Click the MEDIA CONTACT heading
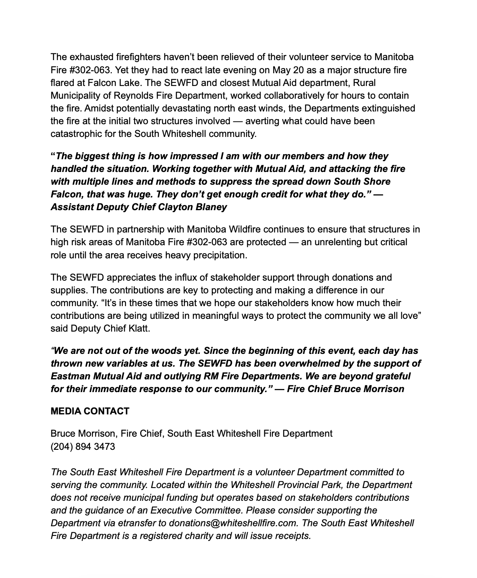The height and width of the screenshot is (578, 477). coord(90,411)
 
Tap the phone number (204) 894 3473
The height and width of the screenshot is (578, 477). coord(83,447)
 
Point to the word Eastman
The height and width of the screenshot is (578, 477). coord(70,376)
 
